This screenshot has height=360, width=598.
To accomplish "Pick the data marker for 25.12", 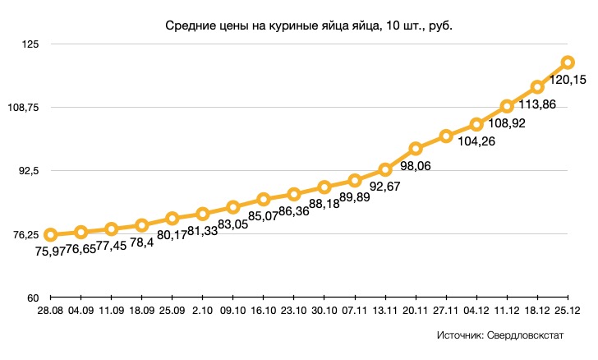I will pyautogui.click(x=567, y=62).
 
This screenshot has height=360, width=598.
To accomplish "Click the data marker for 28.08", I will pyautogui.click(x=50, y=235).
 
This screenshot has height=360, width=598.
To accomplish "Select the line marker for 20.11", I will pyautogui.click(x=416, y=149).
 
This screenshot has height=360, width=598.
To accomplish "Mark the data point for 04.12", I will pyautogui.click(x=476, y=125).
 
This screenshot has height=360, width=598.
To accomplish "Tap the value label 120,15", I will pyautogui.click(x=567, y=81).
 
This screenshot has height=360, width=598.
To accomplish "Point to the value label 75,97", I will pyautogui.click(x=49, y=252).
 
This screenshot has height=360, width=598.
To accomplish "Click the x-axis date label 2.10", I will pyautogui.click(x=202, y=310).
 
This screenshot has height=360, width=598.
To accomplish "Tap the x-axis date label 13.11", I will pyautogui.click(x=384, y=310).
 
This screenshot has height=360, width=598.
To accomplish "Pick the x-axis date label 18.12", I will pyautogui.click(x=536, y=310).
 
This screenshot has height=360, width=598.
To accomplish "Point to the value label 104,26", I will pyautogui.click(x=446, y=141).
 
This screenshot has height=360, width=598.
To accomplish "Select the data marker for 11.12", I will pyautogui.click(x=507, y=107).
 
